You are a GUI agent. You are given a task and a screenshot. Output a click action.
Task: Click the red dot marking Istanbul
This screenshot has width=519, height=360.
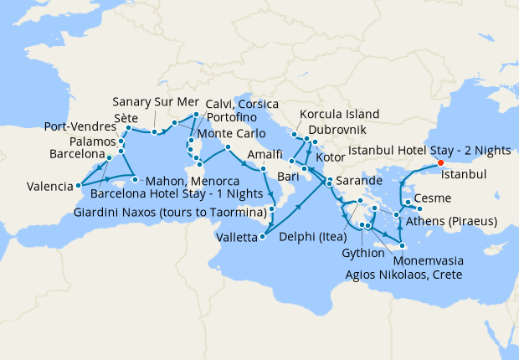coord(440,162)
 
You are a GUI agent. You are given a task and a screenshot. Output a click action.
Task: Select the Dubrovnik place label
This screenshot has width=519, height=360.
coord(337,131)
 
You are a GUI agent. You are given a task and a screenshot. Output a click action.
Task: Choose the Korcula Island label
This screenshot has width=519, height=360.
coord(340,114)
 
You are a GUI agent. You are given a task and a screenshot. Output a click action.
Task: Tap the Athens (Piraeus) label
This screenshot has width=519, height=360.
coord(451,222)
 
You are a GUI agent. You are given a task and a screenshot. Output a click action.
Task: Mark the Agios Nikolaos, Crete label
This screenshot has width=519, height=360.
coord(403,273)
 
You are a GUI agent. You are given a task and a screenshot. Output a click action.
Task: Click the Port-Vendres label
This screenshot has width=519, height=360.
coord(80,128)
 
